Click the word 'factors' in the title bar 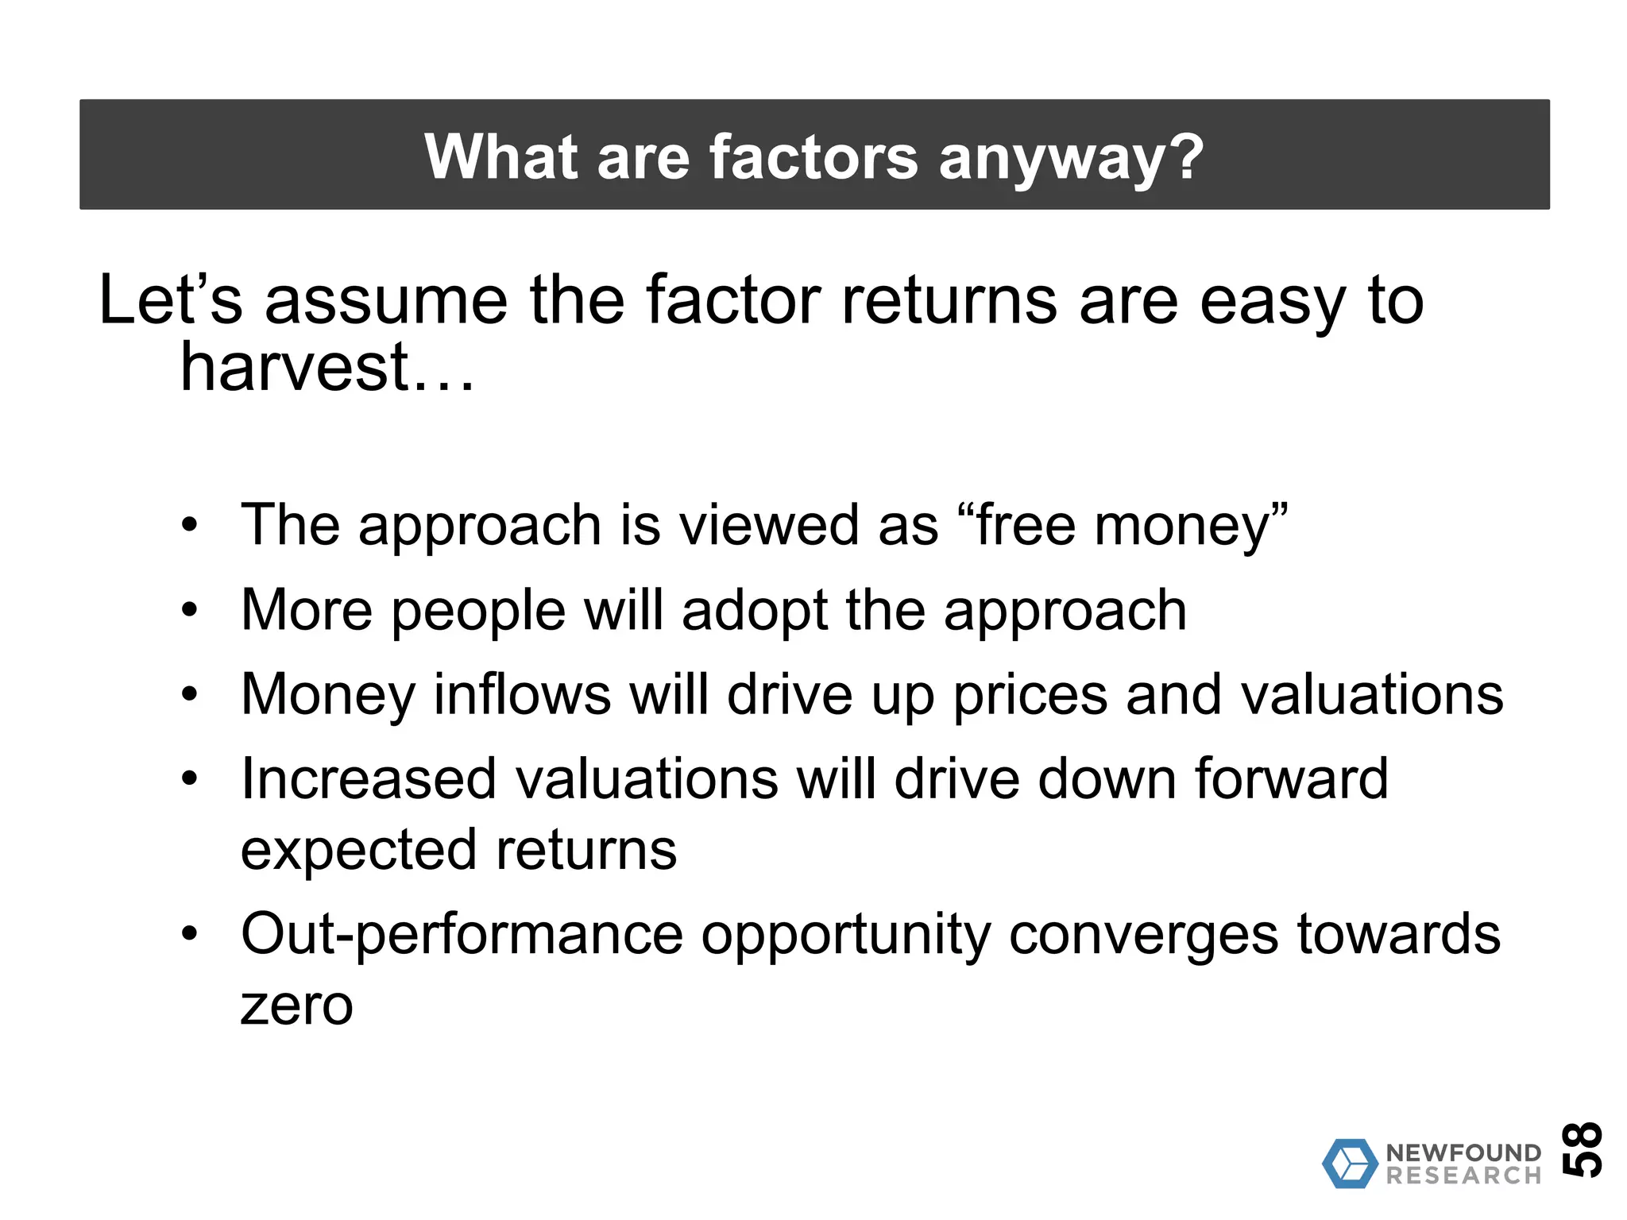click(x=813, y=156)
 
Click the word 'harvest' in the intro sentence click(x=294, y=368)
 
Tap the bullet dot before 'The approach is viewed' click(x=188, y=526)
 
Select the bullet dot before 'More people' click(x=188, y=611)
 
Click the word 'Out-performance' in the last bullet click(x=462, y=935)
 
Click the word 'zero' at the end click(x=296, y=1006)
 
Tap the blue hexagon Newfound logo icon click(x=1349, y=1164)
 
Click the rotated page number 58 click(x=1581, y=1149)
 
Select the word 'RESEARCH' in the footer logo click(x=1463, y=1176)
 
